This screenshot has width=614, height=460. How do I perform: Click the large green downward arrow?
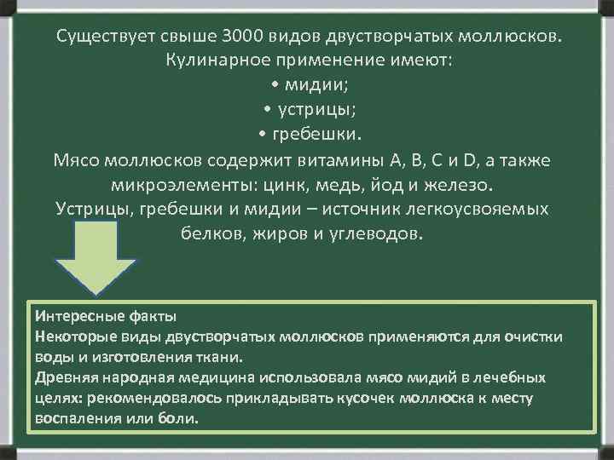coord(92,256)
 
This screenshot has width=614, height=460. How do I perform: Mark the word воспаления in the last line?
coord(74,419)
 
